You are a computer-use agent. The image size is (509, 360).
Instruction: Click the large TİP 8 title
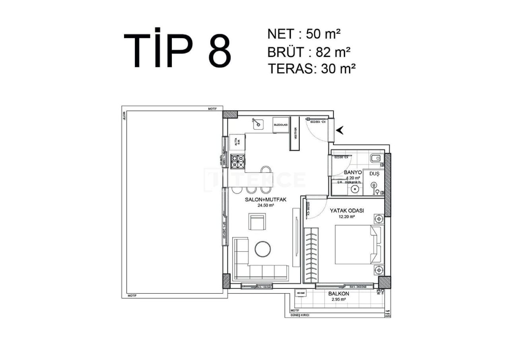[x=177, y=49]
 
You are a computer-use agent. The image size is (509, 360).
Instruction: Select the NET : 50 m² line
[x=304, y=34]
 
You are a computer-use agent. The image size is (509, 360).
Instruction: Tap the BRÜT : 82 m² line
[x=309, y=52]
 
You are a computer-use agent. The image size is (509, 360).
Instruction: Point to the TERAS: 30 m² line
[x=311, y=68]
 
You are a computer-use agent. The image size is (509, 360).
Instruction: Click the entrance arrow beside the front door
[x=340, y=130]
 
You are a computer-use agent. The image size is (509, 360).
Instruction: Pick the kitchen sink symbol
[x=258, y=124]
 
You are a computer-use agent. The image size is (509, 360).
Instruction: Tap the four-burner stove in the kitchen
[x=238, y=161]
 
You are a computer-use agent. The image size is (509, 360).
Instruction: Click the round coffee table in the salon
[x=262, y=249]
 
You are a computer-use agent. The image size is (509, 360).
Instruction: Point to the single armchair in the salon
[x=257, y=222]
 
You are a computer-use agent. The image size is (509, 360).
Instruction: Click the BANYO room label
[x=352, y=173]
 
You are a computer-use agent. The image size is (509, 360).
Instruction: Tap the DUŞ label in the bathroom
[x=374, y=174]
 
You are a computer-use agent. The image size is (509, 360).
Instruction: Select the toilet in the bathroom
[x=376, y=159]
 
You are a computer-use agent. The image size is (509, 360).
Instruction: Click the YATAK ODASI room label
[x=347, y=211]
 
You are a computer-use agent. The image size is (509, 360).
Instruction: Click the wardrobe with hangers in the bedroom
[x=311, y=255]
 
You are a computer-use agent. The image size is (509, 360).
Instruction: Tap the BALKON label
[x=339, y=294]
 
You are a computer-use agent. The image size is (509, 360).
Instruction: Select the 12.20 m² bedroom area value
[x=346, y=217]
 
